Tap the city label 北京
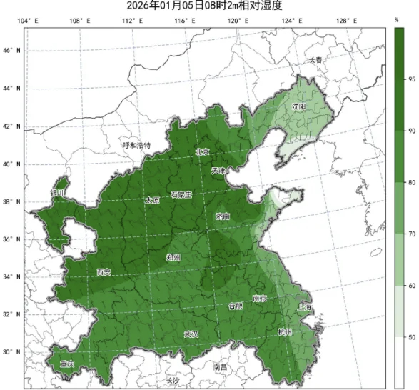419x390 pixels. [x=203, y=152]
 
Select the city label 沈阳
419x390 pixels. [x=298, y=106]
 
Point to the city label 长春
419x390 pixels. [x=315, y=60]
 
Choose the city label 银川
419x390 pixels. [x=57, y=193]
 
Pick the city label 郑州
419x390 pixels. [x=173, y=257]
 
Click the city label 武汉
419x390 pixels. [x=191, y=334]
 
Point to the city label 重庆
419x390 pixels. [x=67, y=364]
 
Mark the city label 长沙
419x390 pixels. [x=173, y=380]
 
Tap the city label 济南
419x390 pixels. [x=223, y=216]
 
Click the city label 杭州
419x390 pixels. [x=286, y=332]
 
